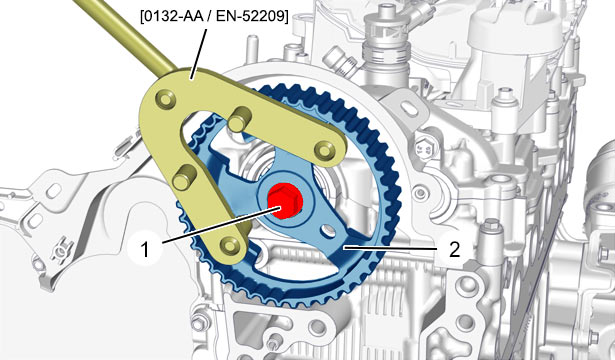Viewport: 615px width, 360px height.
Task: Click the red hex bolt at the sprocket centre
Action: pyautogui.click(x=285, y=200)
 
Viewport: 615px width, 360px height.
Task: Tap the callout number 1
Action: pyautogui.click(x=145, y=249)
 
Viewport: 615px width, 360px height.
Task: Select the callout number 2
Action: pyautogui.click(x=454, y=249)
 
